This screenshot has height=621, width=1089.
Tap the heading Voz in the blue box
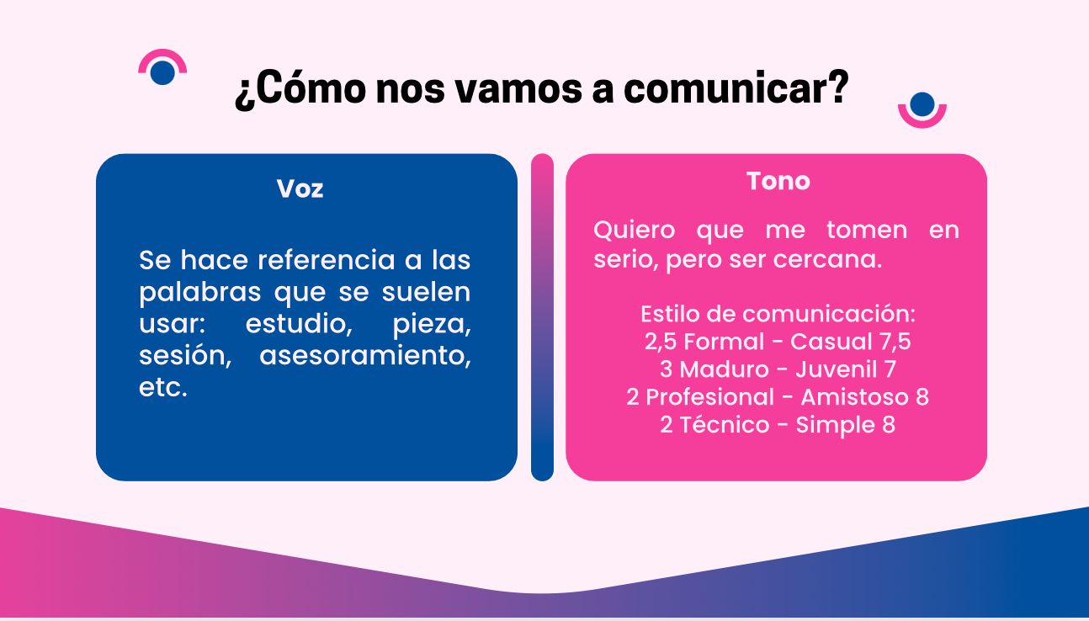300,188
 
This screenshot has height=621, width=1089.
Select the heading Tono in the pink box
778,181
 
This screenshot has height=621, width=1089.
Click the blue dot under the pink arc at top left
162,72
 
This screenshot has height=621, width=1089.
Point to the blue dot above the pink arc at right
922,104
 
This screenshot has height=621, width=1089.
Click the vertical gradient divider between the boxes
542,317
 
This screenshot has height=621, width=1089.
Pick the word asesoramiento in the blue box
365,356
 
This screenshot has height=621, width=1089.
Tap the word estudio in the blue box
299,324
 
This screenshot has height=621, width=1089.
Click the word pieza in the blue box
432,325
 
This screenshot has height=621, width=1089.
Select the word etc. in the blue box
163,388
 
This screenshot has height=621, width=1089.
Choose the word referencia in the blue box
327,260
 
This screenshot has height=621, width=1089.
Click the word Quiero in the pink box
634,231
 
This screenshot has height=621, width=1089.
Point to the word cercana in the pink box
827,259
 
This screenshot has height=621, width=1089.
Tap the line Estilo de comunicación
778,314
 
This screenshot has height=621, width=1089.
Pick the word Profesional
709,397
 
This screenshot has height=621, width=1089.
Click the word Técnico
725,424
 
